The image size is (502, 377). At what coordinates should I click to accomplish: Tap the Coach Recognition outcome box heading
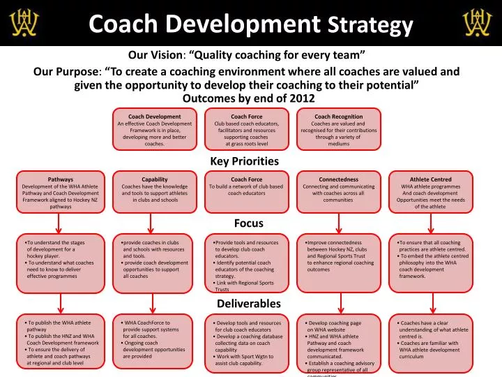339,117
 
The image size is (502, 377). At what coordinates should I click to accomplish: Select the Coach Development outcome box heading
155,117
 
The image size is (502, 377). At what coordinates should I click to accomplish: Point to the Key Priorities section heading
244,161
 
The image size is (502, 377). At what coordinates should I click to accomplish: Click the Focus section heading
248,223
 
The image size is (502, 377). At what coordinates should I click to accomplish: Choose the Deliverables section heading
248,304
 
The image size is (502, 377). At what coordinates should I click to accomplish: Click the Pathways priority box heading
61,179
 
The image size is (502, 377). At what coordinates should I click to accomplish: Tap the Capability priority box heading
154,179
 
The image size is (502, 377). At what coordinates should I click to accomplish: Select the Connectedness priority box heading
339,179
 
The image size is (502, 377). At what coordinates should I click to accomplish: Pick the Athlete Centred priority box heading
431,179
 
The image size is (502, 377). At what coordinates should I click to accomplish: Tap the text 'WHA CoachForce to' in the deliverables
148,323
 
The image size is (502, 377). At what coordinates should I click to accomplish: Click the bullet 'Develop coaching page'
336,323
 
